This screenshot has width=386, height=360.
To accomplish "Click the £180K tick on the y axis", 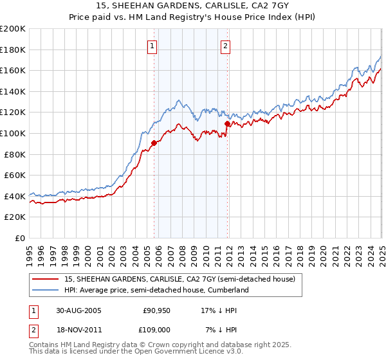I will click(x=13, y=50).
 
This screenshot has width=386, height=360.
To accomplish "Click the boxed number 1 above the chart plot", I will click(x=152, y=46).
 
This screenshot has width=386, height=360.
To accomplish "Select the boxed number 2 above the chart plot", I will click(x=226, y=46).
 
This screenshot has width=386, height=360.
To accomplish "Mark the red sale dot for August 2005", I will click(x=154, y=143).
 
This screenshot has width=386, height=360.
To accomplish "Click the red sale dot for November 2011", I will click(x=227, y=123).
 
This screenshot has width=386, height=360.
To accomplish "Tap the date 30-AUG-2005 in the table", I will click(x=78, y=310).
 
